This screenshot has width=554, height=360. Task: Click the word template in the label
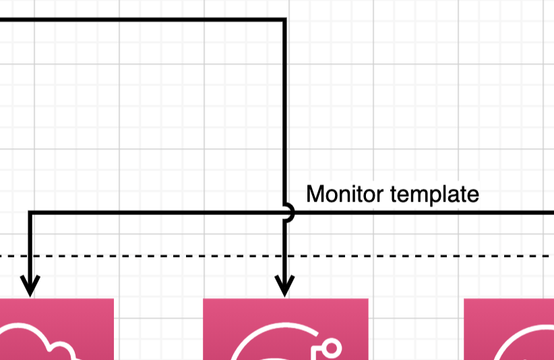435,195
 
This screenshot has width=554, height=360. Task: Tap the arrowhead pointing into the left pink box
30,286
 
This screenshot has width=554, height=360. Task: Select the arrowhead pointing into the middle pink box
284,286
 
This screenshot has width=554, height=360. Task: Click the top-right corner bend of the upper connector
284,20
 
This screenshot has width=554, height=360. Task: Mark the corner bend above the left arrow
30,212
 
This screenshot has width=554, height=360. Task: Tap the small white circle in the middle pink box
332,348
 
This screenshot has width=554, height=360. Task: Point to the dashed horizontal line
277,256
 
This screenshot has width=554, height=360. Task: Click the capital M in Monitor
315,194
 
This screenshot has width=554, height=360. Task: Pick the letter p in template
426,198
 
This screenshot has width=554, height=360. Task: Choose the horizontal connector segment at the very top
142,20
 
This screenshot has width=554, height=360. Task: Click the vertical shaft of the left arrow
30,247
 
